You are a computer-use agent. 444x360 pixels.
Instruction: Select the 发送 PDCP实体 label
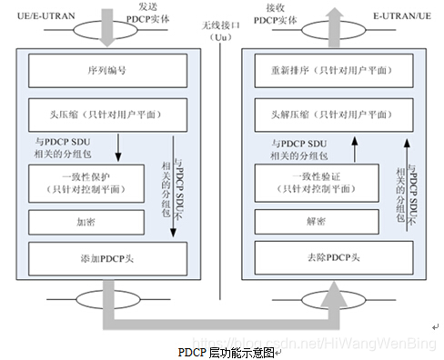point(147,13)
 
